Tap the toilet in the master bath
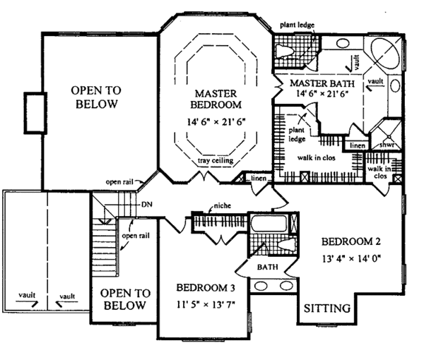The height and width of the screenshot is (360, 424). point(285,52)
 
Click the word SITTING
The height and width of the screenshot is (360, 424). point(327,308)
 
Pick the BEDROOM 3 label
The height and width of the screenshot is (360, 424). point(206,288)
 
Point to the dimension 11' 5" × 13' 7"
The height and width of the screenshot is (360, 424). point(206,305)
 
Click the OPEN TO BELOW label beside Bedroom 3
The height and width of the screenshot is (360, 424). point(123,299)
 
